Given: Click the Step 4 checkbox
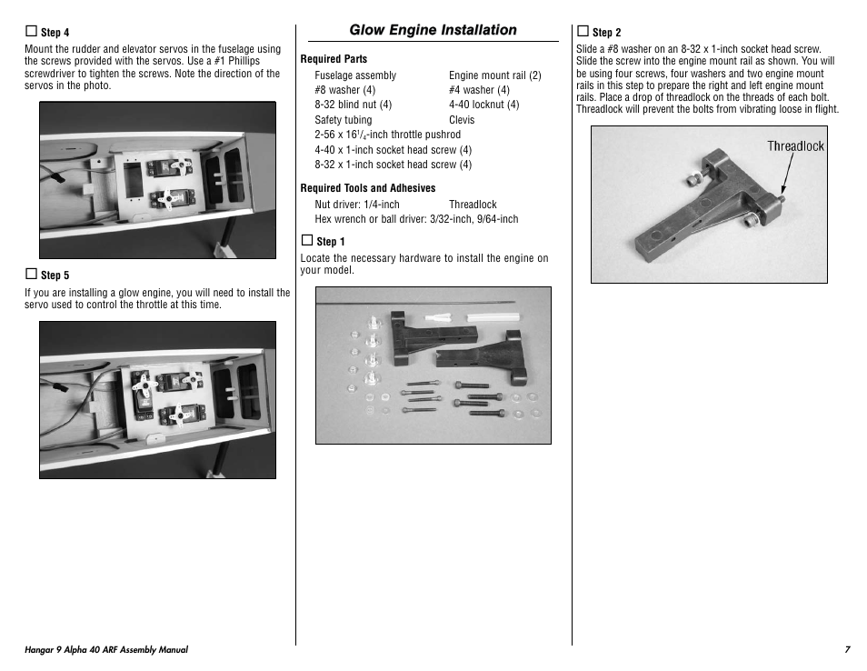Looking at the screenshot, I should (30, 32).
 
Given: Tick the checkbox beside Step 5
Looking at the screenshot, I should (30, 274).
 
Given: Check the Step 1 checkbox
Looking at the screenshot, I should (306, 240).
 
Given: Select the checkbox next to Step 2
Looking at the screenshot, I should (583, 31).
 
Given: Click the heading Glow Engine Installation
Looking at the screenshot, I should (433, 30).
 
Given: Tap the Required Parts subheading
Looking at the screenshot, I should (334, 59).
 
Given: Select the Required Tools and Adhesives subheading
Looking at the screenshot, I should (367, 188).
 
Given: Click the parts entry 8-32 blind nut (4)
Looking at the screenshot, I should (353, 105).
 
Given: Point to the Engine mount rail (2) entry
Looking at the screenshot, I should (494, 75).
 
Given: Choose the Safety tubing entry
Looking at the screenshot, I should (343, 120).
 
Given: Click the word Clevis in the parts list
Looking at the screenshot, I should (462, 120).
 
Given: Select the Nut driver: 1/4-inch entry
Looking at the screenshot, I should (356, 205).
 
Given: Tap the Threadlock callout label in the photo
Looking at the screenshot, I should (795, 146).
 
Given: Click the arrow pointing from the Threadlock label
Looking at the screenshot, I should (787, 175).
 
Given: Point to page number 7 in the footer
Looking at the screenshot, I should (846, 650).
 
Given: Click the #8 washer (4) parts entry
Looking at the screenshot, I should (344, 90).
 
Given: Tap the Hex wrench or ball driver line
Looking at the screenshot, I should (416, 219).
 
